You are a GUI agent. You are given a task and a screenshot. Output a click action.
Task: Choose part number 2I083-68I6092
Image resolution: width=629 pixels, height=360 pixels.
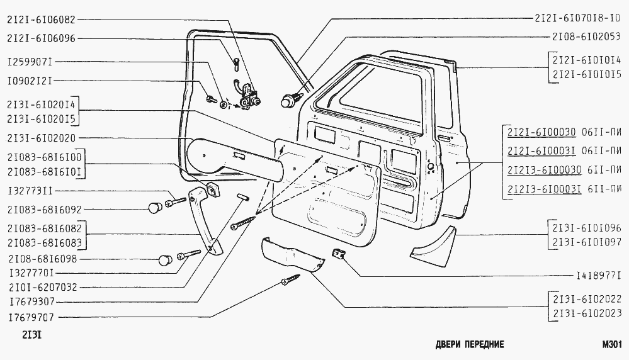tap(45, 209)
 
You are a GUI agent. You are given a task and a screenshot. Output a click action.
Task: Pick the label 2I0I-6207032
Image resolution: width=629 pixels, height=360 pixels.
tap(42, 286)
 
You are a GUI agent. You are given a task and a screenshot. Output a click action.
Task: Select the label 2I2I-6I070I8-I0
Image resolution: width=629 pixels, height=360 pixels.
tap(578, 18)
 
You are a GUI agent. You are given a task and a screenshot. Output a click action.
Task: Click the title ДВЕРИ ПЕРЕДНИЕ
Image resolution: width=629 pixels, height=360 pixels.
tap(470, 345)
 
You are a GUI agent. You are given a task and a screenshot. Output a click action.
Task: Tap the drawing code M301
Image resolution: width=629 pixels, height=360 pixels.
tap(611, 344)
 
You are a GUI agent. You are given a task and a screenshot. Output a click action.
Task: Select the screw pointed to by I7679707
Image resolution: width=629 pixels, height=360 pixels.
tap(292, 281)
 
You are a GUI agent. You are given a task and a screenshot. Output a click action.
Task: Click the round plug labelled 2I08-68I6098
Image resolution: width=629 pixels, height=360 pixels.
tap(165, 259)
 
